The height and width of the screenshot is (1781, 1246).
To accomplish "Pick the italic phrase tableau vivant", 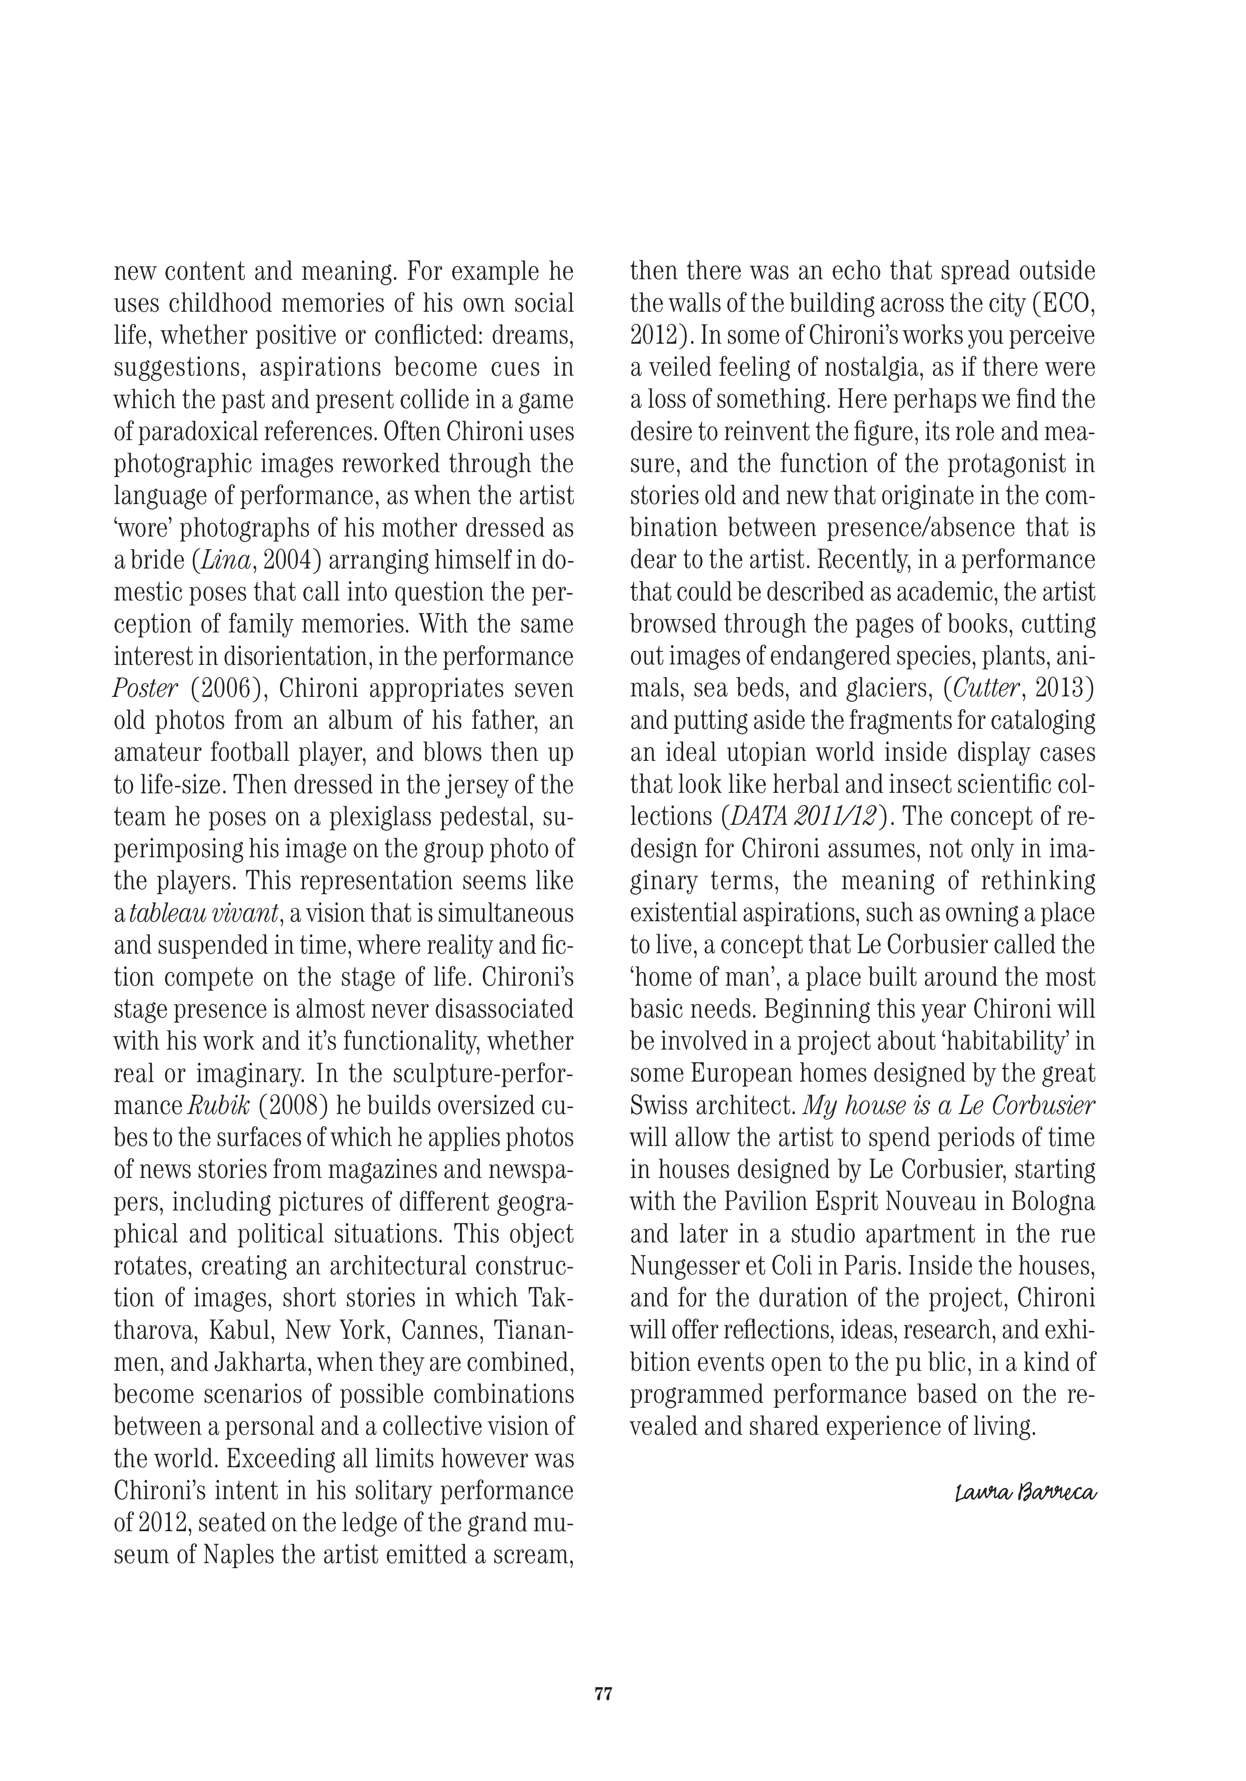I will [203, 913].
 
